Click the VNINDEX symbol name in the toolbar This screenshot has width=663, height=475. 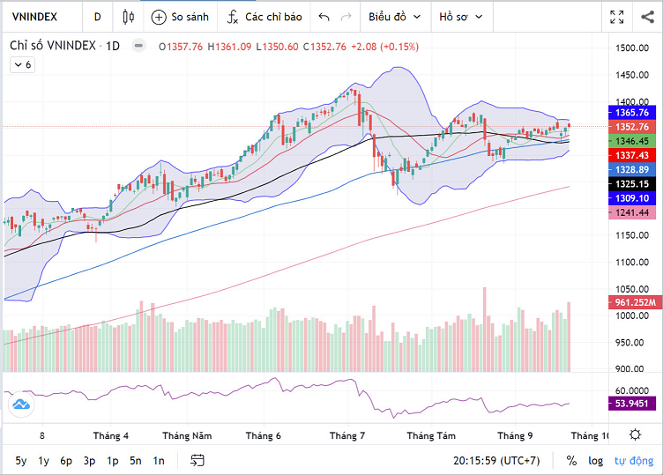(x=36, y=17)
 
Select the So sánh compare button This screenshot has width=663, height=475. (x=180, y=17)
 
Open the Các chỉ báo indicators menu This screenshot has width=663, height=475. (x=264, y=17)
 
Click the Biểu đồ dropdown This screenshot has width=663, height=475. (x=394, y=17)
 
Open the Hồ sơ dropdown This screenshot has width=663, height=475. (x=461, y=17)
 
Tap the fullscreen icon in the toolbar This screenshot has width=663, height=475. (x=617, y=17)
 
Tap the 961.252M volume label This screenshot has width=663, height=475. (x=634, y=302)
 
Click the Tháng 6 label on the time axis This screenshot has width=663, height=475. (x=263, y=435)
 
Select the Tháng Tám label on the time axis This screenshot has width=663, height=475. (x=430, y=435)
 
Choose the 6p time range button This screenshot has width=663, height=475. (x=66, y=460)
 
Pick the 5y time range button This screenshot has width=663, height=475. (x=20, y=460)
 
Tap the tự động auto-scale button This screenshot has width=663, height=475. (x=634, y=460)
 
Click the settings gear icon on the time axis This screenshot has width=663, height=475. (x=635, y=434)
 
